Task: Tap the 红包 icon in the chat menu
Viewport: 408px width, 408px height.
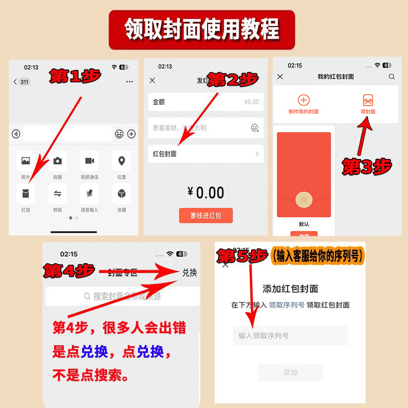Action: [x=25, y=193]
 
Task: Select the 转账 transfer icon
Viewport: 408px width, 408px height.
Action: [x=58, y=193]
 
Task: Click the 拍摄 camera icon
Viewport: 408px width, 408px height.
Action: [x=58, y=161]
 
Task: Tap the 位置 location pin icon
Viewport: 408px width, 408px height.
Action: [x=121, y=161]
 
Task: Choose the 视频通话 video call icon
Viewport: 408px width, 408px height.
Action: [x=89, y=161]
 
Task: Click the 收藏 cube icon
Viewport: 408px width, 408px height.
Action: [x=121, y=193]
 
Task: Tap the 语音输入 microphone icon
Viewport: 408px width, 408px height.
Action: [x=89, y=193]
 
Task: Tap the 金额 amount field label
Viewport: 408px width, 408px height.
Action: [x=159, y=102]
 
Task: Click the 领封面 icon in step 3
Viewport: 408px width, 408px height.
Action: [x=368, y=100]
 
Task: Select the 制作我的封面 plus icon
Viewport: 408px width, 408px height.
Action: [x=303, y=100]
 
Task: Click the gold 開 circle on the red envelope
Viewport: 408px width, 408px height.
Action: [x=304, y=199]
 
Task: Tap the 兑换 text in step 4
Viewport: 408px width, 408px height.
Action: [x=189, y=272]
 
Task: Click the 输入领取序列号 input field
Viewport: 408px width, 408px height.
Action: [x=290, y=336]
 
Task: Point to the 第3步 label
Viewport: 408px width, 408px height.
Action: [x=367, y=166]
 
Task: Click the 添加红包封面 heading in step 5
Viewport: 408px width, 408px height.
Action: [x=290, y=289]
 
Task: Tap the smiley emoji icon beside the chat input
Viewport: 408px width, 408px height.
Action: [x=119, y=134]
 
